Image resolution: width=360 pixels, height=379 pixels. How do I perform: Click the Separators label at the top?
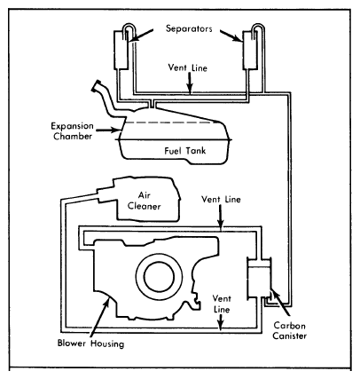tap(189, 28)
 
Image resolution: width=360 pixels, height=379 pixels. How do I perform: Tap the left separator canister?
tap(121, 48)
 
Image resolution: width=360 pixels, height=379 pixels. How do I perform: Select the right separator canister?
tap(250, 49)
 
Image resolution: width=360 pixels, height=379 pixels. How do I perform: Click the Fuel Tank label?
tap(185, 150)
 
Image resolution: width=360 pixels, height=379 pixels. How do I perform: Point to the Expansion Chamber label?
tap(72, 131)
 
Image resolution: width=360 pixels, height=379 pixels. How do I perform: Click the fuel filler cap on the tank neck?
tap(97, 85)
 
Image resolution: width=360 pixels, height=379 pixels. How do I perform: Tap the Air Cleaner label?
tap(145, 201)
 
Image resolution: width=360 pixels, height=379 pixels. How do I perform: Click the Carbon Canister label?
tap(289, 330)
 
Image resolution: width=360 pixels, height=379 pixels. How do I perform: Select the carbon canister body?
tap(259, 278)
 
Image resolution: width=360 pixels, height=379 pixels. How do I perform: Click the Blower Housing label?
tap(90, 343)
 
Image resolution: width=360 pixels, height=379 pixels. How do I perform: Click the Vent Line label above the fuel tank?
tap(188, 67)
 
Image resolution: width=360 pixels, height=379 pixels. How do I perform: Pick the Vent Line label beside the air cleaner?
tap(221, 199)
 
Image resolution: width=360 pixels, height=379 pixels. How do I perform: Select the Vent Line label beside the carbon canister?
tap(222, 304)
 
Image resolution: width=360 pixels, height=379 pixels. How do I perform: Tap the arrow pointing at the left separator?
tap(142, 35)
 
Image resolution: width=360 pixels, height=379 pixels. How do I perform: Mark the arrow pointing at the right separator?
tap(231, 36)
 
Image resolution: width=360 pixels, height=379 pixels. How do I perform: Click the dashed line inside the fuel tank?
tap(172, 122)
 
